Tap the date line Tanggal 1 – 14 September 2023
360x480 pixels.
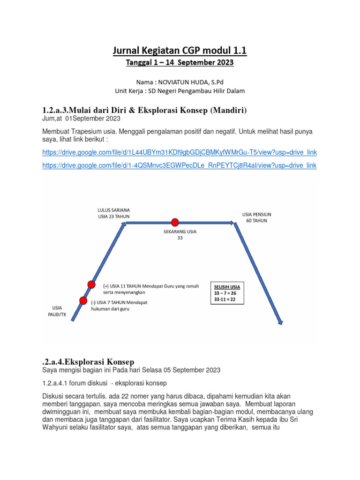[180, 62]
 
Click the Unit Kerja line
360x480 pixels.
[180, 90]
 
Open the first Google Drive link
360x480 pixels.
[180, 152]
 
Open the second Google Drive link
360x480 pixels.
[180, 165]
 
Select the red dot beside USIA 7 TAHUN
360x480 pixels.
[83, 300]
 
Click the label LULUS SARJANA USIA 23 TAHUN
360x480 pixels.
[113, 213]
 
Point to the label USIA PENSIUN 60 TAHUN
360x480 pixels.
[256, 217]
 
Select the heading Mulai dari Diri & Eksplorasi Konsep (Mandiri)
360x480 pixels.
[144, 110]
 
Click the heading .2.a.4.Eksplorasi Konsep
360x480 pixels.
[88, 361]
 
